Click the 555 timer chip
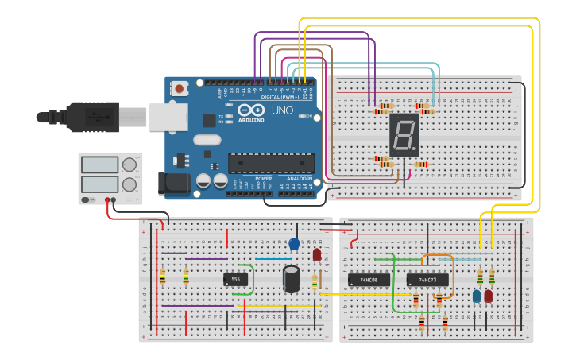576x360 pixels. tap(235, 279)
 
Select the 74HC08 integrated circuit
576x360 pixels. tap(369, 280)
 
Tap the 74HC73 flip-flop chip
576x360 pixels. tap(427, 280)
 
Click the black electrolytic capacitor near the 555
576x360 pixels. tap(292, 278)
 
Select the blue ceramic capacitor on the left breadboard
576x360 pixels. tap(294, 244)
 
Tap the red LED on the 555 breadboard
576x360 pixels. tap(316, 255)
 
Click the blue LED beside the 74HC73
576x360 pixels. tap(477, 296)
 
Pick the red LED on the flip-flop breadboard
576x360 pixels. tap(488, 296)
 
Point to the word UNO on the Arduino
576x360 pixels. tap(282, 110)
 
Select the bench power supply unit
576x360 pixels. tap(110, 177)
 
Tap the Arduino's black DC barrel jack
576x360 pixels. tap(173, 184)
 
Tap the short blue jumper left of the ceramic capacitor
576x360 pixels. tap(273, 258)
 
